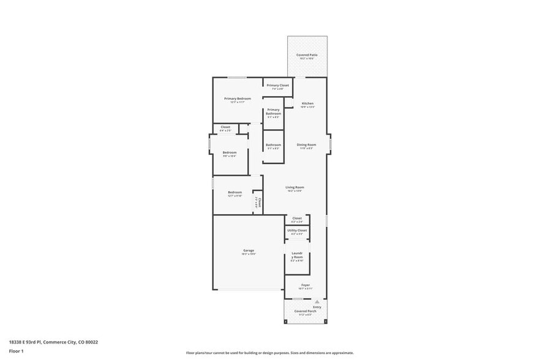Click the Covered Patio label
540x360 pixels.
click(x=307, y=55)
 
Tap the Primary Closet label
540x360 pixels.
click(x=277, y=85)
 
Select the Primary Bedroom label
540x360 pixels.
click(x=238, y=99)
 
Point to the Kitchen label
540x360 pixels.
click(x=307, y=103)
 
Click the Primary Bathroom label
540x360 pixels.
click(x=273, y=111)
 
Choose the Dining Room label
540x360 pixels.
click(x=306, y=145)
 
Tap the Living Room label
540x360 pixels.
click(x=295, y=187)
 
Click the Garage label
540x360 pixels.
click(x=249, y=250)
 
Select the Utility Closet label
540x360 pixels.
click(x=297, y=230)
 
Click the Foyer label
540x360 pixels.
click(x=305, y=285)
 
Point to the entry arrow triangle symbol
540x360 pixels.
click(x=317, y=302)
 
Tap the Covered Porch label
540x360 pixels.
click(x=304, y=311)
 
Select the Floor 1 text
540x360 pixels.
click(x=17, y=351)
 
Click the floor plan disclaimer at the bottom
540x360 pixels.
click(x=269, y=353)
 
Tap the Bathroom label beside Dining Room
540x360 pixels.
click(x=273, y=145)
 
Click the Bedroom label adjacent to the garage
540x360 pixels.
click(x=235, y=192)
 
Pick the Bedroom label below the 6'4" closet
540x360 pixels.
click(x=230, y=152)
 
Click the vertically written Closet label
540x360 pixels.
click(x=259, y=203)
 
